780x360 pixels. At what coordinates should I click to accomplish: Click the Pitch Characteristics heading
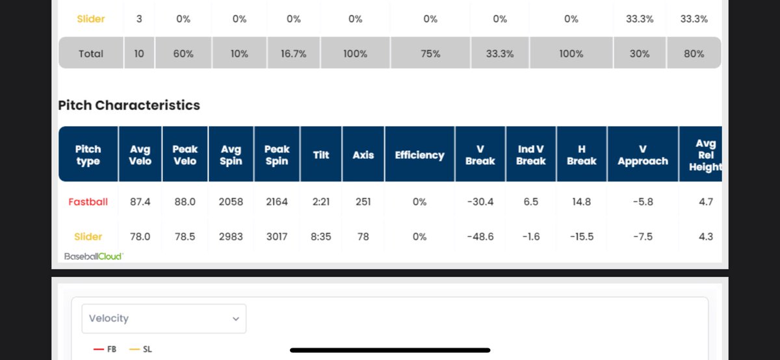[129, 105]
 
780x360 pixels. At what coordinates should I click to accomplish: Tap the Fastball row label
[88, 202]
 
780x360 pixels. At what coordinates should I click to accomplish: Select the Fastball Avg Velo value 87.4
[140, 202]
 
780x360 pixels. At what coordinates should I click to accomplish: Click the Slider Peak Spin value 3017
[276, 237]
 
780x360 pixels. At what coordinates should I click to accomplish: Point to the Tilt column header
[321, 155]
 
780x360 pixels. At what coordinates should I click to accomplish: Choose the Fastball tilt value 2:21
[321, 202]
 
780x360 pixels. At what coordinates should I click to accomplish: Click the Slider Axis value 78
[363, 237]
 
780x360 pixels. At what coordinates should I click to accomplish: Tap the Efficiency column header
[419, 155]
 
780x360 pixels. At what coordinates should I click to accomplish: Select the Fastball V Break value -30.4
[480, 202]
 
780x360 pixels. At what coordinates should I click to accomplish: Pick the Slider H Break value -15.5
[581, 237]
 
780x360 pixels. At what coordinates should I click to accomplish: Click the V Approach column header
[642, 155]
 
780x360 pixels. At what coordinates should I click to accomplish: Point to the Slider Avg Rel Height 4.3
[705, 237]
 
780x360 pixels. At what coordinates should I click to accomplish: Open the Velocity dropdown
[164, 318]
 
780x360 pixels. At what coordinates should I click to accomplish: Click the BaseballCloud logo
[94, 257]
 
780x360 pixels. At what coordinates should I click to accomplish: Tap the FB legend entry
[105, 349]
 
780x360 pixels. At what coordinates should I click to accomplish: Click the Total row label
[91, 54]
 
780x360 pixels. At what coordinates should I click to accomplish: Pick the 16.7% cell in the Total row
[293, 54]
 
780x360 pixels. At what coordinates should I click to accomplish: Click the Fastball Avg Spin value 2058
[231, 202]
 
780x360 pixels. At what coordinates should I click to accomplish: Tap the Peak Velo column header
[185, 155]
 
